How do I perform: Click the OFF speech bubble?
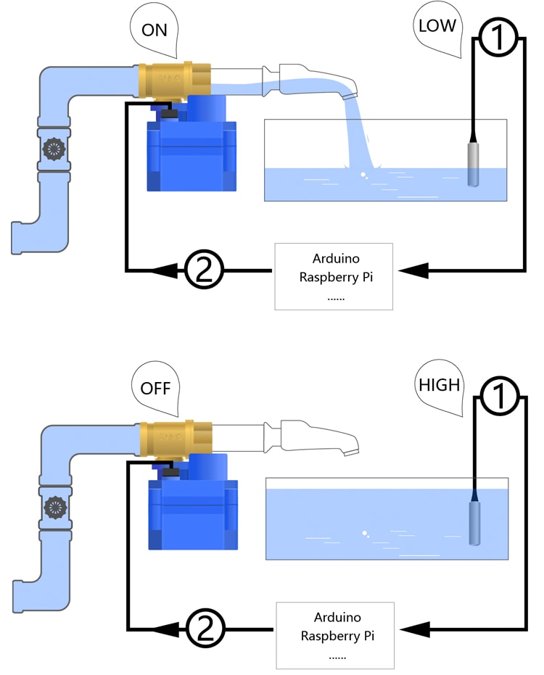[x=155, y=387]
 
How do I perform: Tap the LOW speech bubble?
[x=437, y=27]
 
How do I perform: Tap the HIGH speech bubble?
[x=440, y=384]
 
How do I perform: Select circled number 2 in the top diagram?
[x=204, y=270]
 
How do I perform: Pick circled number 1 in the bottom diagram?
[x=499, y=397]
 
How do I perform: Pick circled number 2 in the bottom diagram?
[x=205, y=627]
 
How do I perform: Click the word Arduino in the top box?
[x=336, y=259]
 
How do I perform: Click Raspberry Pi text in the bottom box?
[x=336, y=636]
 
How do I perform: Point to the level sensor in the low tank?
[x=472, y=163]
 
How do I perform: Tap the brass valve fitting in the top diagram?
[x=174, y=79]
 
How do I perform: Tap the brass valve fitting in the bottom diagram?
[x=176, y=438]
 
